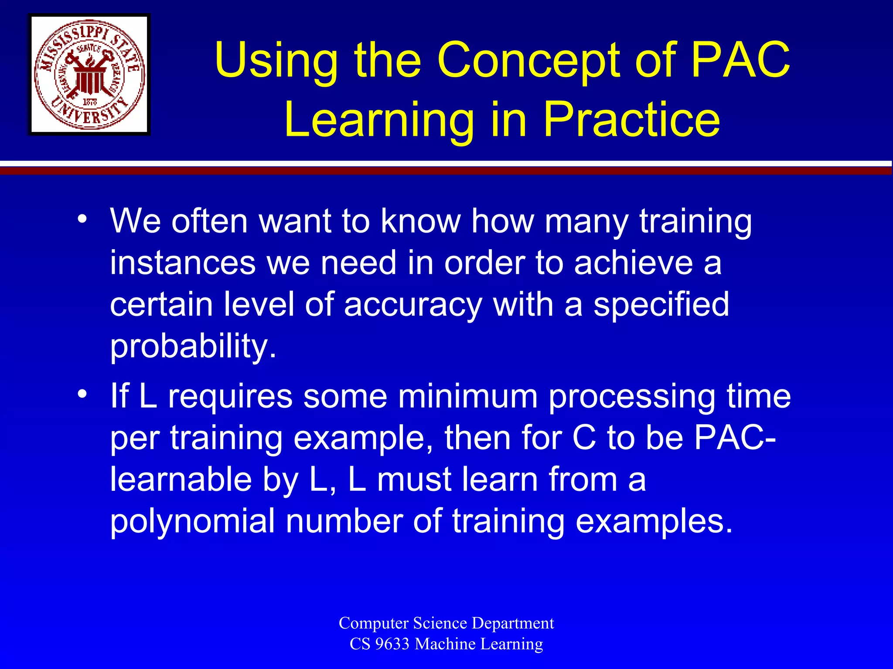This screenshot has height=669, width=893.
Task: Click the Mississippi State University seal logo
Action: tap(89, 74)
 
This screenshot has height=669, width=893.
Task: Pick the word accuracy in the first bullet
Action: tap(412, 304)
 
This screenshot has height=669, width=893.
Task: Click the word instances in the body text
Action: tap(183, 263)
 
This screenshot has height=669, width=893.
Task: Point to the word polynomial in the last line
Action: tap(192, 522)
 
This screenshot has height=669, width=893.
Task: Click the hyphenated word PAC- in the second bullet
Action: tap(735, 437)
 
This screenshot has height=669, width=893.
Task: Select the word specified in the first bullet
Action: tap(661, 304)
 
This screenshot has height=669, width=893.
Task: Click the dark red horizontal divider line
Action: tap(446, 171)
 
